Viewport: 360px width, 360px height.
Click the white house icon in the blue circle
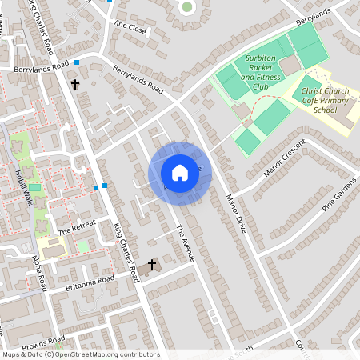click(180, 173)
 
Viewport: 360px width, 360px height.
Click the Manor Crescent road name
click(284, 158)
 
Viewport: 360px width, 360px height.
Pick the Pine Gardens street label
click(339, 195)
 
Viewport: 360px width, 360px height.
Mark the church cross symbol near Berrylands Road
click(76, 83)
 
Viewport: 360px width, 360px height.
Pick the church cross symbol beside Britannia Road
click(152, 264)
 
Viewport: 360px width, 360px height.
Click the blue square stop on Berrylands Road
click(77, 62)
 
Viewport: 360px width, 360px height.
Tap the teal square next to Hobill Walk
click(34, 187)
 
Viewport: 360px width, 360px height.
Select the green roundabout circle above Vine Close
click(187, 7)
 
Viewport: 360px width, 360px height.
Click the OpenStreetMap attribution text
click(80, 354)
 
